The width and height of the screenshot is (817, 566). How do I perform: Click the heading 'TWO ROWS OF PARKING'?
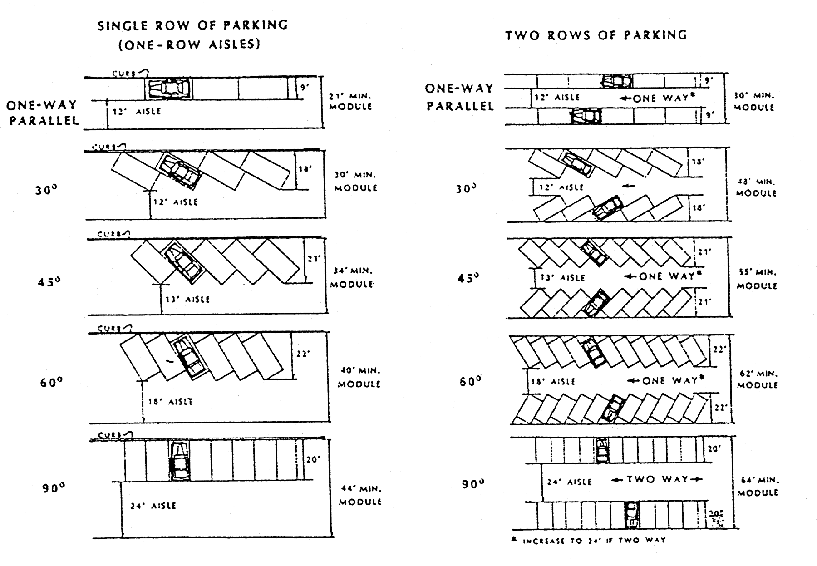tap(596, 35)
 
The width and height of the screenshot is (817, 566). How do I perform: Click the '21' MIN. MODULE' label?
tap(350, 102)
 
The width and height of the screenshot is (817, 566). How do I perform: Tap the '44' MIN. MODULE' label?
tap(361, 495)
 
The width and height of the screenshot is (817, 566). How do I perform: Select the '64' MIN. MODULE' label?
tap(757, 486)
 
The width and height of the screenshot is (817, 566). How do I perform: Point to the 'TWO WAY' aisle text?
tap(657, 479)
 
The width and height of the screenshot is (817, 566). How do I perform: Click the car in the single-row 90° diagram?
tap(180, 461)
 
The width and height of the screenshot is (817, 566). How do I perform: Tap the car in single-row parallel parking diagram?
tap(168, 88)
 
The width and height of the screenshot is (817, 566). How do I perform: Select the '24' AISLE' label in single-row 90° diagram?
tap(153, 506)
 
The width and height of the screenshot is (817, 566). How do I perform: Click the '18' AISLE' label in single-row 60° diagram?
tap(170, 402)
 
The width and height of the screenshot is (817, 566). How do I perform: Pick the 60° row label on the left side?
tap(50, 383)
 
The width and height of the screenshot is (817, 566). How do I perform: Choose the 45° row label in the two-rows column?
tap(468, 278)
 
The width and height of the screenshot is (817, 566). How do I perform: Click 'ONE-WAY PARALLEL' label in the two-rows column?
tap(459, 97)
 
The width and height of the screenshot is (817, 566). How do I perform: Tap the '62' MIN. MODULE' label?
tap(757, 379)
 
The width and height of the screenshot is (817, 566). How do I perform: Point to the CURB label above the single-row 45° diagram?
tap(113, 234)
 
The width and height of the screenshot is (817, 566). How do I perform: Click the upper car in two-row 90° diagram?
tap(602, 450)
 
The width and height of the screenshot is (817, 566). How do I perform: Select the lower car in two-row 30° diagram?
tap(606, 207)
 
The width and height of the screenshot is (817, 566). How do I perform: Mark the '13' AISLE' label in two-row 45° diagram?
tap(562, 277)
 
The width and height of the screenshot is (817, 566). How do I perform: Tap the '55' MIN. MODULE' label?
tap(757, 279)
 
